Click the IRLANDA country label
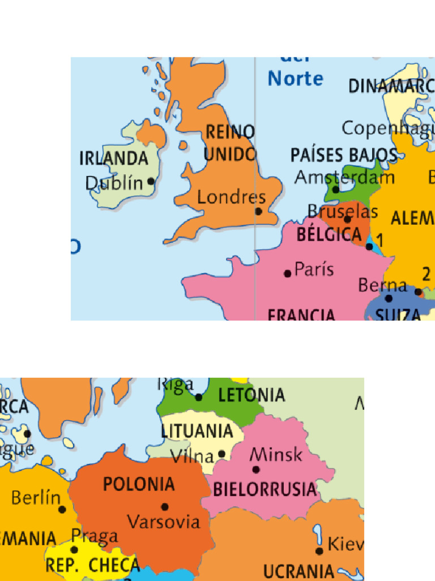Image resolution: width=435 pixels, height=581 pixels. click(x=113, y=158)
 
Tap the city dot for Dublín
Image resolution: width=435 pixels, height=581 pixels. click(x=151, y=182)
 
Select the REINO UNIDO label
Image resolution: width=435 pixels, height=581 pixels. click(x=229, y=143)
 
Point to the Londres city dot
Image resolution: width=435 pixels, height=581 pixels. click(x=258, y=211)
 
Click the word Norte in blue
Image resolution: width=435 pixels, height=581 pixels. click(x=295, y=78)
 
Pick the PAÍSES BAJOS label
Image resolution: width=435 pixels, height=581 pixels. click(x=343, y=155)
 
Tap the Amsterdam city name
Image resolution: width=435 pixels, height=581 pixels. click(x=344, y=178)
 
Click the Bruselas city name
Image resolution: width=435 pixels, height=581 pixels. click(x=343, y=212)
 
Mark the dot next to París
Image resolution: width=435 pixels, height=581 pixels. click(x=288, y=273)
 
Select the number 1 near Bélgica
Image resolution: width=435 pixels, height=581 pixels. click(x=380, y=241)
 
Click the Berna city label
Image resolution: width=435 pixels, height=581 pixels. click(x=382, y=285)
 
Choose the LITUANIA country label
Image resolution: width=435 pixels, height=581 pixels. click(x=197, y=431)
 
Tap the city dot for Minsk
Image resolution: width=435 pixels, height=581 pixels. click(x=256, y=469)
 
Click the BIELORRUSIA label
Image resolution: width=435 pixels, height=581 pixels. click(x=264, y=489)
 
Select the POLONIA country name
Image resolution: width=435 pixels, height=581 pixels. click(x=139, y=485)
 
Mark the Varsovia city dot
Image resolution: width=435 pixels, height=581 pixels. click(x=165, y=507)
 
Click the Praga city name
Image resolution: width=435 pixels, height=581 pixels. click(x=95, y=536)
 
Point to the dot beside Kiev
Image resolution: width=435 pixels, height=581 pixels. click(x=319, y=551)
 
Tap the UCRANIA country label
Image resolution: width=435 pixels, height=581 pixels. click(x=299, y=570)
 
